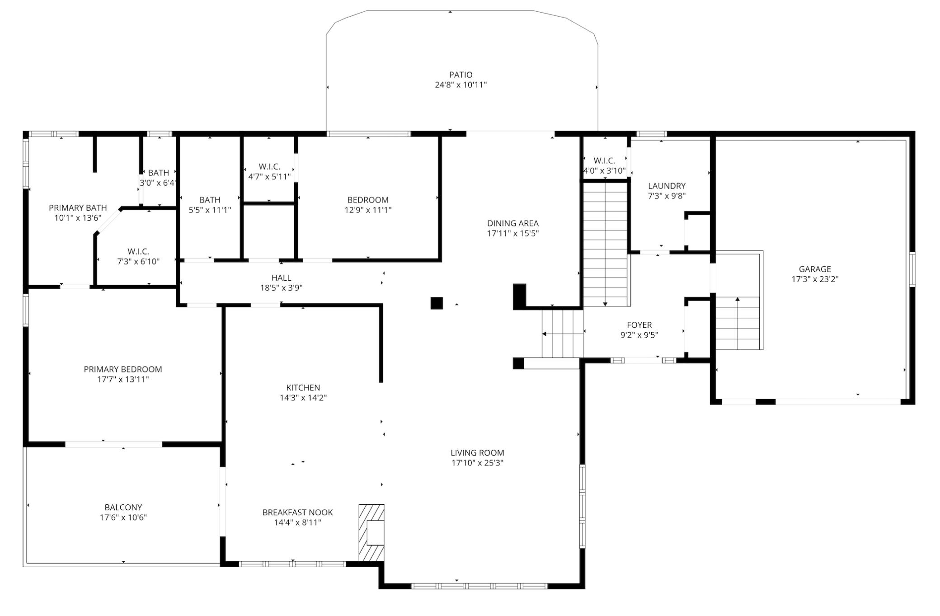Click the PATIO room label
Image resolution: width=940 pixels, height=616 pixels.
461,75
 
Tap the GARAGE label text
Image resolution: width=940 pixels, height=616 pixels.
815,269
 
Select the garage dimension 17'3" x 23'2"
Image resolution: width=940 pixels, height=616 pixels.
815,279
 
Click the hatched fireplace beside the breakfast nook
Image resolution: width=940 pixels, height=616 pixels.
371,533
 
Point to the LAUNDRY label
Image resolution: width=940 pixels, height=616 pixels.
667,186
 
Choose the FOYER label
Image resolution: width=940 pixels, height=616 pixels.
639,325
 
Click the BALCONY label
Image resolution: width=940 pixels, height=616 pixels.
123,508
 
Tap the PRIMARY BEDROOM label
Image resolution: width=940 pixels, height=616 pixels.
123,369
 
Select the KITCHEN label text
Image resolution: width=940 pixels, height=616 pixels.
303,388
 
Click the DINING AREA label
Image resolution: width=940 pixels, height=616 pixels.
513,223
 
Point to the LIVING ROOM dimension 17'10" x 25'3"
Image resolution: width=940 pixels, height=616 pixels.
477,463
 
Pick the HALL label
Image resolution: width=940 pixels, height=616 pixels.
281,278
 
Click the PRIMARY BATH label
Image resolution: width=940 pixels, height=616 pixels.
78,208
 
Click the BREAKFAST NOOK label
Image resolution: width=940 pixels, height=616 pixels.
297,513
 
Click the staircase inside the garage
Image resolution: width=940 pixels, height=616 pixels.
738,323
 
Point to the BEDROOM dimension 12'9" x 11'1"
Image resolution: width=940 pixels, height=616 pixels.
368,210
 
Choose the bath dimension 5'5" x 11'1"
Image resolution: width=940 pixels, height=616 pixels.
210,210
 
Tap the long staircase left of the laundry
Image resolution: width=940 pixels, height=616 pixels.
605,245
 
